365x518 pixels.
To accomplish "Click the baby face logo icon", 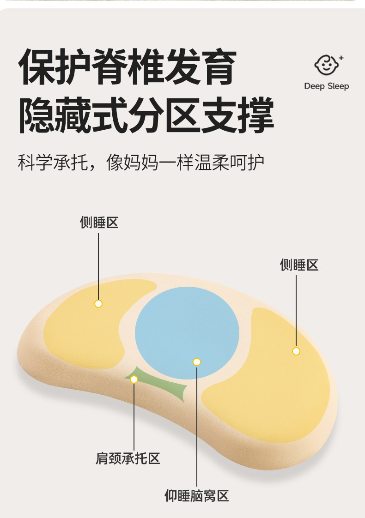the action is tap(326, 66).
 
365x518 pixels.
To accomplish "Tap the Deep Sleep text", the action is tap(326, 86).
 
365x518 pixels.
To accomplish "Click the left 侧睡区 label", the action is tap(99, 223).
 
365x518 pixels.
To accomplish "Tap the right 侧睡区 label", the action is tap(299, 265).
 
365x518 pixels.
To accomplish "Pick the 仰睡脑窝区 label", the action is tap(197, 496).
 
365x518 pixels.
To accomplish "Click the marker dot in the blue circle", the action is tap(197, 362).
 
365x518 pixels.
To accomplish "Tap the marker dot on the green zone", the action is tap(134, 379).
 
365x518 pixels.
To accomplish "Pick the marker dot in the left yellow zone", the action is tap(98, 304).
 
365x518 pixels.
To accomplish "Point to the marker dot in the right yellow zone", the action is tap(296, 351).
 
